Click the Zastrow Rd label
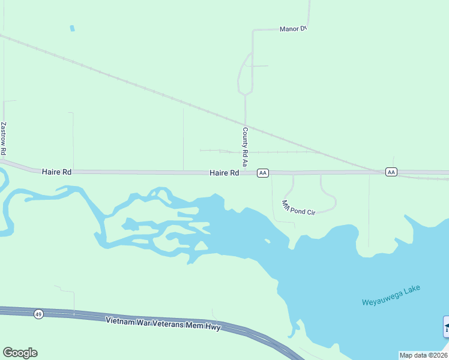point(4,139)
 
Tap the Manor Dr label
point(293,29)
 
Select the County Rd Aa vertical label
point(245,146)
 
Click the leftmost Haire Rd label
point(57,172)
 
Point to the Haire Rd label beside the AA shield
point(224,173)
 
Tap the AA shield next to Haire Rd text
point(262,173)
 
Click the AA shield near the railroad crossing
point(391,172)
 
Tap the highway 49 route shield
point(38,314)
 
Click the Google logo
point(20,353)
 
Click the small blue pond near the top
point(73,28)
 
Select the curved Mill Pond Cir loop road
point(329,195)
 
